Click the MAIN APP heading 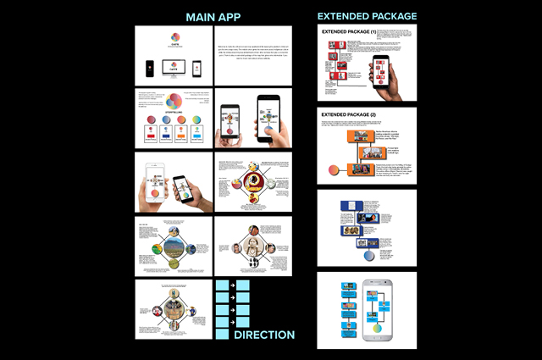click(x=213, y=16)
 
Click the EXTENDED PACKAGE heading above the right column click(x=367, y=16)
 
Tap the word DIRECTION click(x=264, y=335)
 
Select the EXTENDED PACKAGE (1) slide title click(x=349, y=33)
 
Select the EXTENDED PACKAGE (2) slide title click(x=349, y=114)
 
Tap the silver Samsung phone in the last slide click(x=378, y=309)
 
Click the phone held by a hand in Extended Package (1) click(x=380, y=74)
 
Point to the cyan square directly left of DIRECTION click(x=222, y=335)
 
